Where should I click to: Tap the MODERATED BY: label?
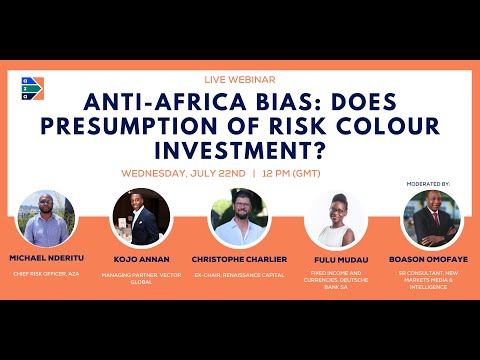tap(430, 185)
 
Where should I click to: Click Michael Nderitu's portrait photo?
tap(46, 217)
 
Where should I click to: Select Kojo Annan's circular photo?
tap(142, 217)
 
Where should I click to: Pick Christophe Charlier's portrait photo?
tap(239, 217)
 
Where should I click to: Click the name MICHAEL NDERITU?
tap(46, 257)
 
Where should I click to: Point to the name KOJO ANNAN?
tap(142, 259)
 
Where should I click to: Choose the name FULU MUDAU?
tap(334, 259)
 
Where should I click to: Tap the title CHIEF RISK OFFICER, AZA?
tap(46, 272)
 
